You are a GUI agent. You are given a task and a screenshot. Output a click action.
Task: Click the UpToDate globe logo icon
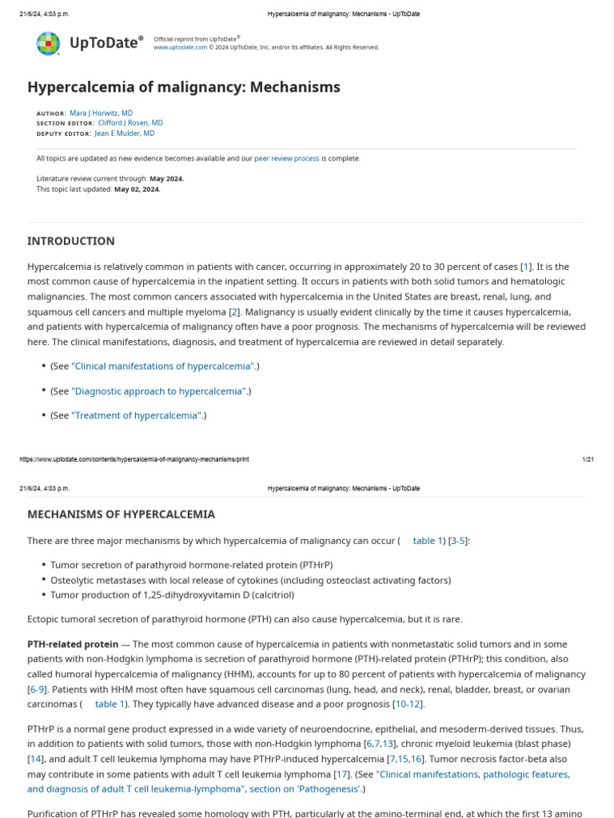(48, 43)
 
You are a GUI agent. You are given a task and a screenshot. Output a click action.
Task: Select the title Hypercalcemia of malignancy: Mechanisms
(184, 87)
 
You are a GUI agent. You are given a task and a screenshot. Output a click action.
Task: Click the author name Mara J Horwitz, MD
(102, 113)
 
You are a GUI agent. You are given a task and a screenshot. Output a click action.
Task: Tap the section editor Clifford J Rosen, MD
(130, 124)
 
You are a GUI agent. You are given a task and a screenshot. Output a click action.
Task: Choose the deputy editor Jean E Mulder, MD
(125, 134)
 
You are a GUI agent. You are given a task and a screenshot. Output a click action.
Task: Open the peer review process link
(286, 158)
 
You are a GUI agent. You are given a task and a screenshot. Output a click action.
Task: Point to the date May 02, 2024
(138, 189)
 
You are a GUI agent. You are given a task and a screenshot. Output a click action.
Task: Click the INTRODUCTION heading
(71, 241)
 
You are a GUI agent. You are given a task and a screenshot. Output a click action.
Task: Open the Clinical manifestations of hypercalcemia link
(163, 366)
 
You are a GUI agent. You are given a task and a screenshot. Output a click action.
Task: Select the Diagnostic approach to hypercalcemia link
(159, 391)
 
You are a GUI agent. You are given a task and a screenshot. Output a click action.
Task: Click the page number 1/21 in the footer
(588, 459)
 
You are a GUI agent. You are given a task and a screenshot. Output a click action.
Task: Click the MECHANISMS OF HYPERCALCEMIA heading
(121, 514)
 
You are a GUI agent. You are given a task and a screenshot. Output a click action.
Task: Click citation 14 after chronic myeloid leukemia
(35, 759)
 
